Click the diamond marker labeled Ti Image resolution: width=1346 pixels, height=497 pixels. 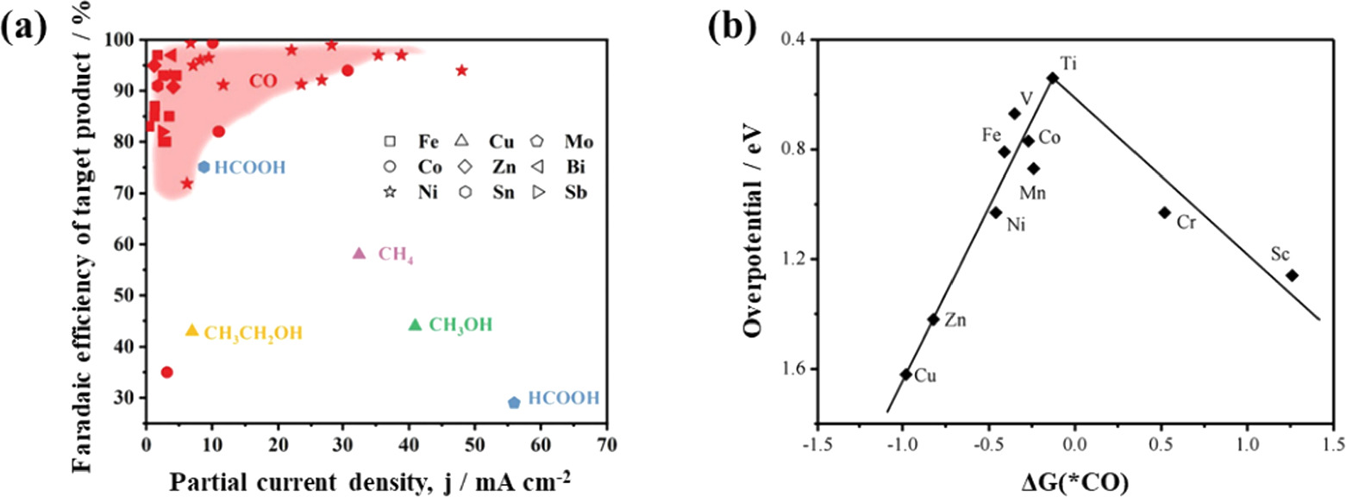click(x=1053, y=78)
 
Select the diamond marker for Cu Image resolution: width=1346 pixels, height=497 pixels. click(x=905, y=374)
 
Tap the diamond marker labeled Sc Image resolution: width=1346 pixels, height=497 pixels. click(x=1292, y=275)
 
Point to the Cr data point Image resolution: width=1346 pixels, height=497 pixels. click(x=1164, y=212)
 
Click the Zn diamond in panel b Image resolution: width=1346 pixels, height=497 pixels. click(x=933, y=318)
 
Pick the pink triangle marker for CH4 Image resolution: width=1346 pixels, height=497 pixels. click(x=360, y=254)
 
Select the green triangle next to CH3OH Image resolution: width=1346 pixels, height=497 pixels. click(x=415, y=324)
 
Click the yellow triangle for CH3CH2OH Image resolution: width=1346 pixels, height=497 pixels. click(x=192, y=330)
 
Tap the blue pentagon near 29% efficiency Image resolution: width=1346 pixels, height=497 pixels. click(x=514, y=402)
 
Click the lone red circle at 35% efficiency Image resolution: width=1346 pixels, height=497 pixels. click(x=167, y=372)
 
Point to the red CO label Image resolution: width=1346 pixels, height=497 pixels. click(x=263, y=81)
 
